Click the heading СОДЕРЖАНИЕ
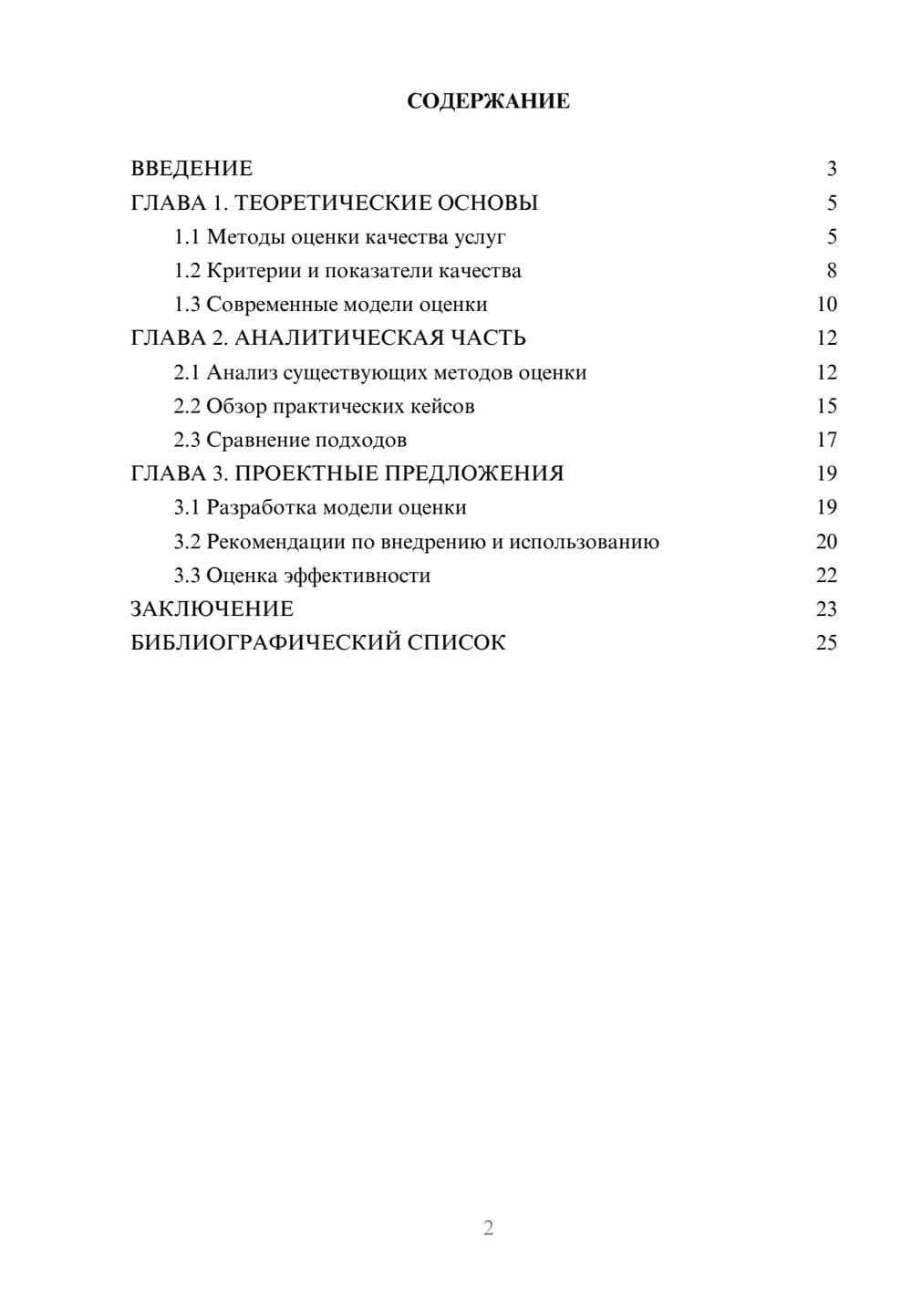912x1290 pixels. tap(488, 101)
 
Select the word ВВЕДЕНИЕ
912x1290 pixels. tap(192, 169)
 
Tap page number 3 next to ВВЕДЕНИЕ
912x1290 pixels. tap(831, 169)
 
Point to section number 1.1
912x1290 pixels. tap(186, 237)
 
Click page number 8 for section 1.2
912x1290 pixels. tap(831, 271)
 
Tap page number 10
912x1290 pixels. tap(826, 305)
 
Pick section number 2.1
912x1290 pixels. tap(186, 373)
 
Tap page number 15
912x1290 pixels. tap(826, 407)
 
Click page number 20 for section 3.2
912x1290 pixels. tap(826, 542)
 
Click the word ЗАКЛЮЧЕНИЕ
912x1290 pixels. tap(212, 609)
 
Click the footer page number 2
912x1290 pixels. tap(488, 1228)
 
